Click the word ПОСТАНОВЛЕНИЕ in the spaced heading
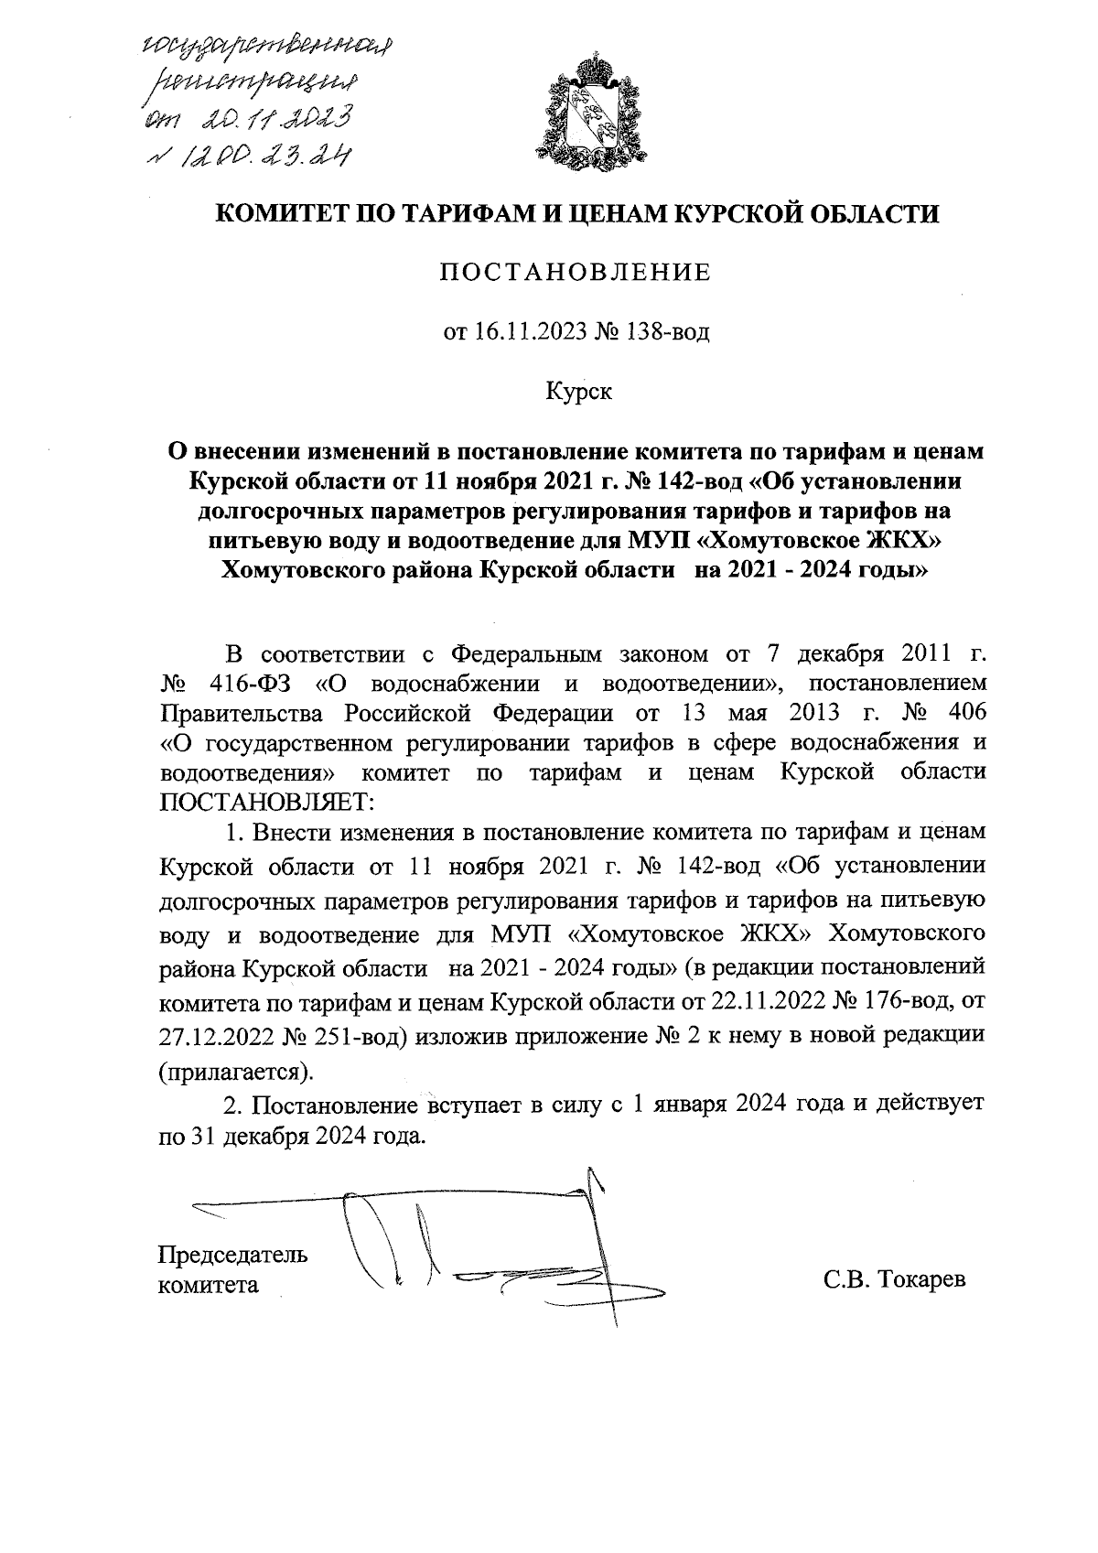coord(576,273)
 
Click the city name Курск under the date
coord(577,393)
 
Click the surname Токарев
coord(921,1279)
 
